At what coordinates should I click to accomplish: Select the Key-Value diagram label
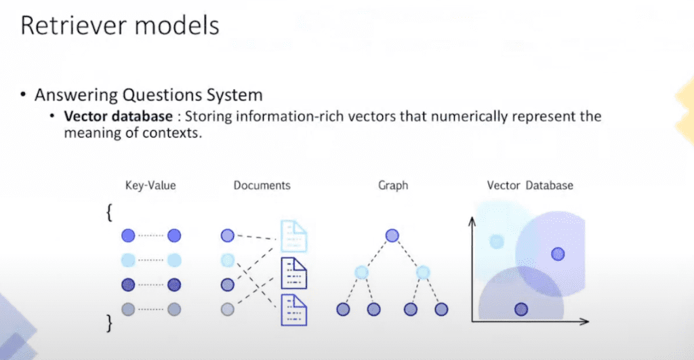[x=150, y=185]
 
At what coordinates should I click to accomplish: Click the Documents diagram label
[x=262, y=185]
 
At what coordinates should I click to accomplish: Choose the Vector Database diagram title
[x=530, y=185]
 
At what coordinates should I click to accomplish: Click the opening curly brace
[x=109, y=213]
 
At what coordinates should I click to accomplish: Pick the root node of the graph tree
[x=392, y=236]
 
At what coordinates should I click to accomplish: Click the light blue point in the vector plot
[x=497, y=241]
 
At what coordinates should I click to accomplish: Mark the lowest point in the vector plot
[x=520, y=309]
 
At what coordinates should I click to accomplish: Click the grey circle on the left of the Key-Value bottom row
[x=129, y=309]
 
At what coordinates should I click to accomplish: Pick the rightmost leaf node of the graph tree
[x=441, y=309]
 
